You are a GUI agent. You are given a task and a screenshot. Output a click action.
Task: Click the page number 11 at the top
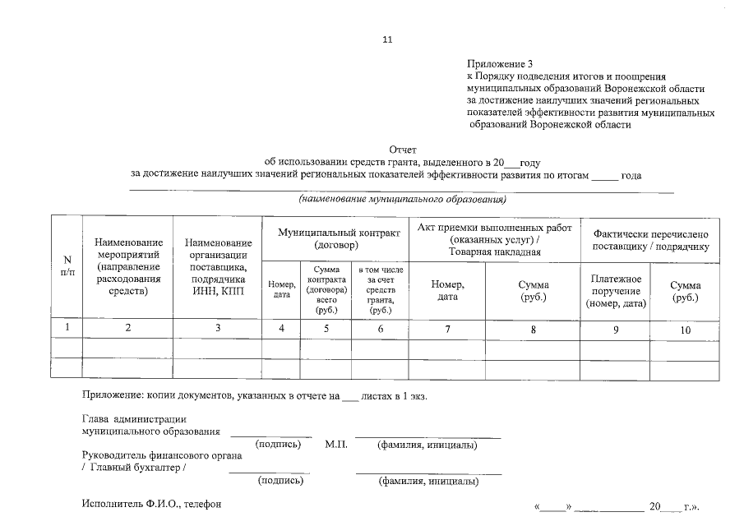pos(388,39)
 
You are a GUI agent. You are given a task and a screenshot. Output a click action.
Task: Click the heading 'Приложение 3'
pos(500,63)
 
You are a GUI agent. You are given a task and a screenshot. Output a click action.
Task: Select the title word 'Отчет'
pos(403,150)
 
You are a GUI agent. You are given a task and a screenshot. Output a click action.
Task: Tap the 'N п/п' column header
pos(67,266)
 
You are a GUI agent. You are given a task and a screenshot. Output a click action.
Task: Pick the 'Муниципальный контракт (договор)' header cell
pos(339,239)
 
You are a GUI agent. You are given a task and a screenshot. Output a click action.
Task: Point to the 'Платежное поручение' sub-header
pos(616,292)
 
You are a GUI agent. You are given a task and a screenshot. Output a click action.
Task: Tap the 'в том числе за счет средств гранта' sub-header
pos(380,290)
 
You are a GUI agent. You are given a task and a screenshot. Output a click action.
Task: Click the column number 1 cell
pos(67,328)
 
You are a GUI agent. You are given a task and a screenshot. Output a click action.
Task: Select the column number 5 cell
pos(326,329)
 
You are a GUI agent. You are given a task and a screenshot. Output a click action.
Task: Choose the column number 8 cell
pos(533,329)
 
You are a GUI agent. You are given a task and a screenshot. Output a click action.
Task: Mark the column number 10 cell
pos(685,329)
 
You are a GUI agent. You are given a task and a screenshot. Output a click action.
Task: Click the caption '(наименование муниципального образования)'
pos(402,200)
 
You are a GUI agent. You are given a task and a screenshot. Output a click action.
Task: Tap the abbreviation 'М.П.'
pos(336,445)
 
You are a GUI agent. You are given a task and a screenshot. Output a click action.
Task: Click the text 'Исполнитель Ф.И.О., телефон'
pos(151,503)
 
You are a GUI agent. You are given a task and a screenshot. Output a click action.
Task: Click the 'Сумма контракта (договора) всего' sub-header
pos(326,290)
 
